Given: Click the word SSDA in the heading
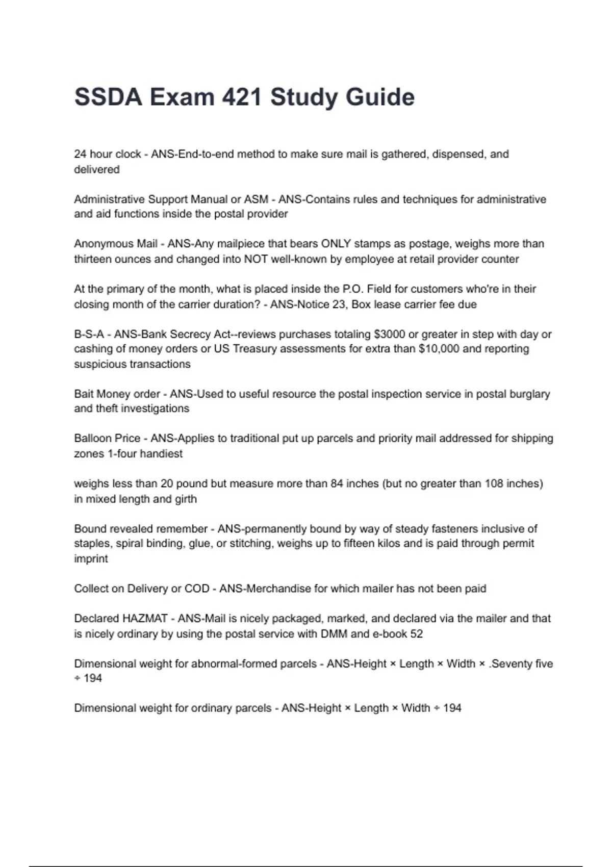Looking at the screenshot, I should [x=108, y=97].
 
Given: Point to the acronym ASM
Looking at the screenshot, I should [x=256, y=199].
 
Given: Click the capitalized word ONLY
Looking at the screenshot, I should [x=336, y=244].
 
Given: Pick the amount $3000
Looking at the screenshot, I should [x=388, y=335].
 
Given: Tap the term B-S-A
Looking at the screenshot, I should [x=89, y=335].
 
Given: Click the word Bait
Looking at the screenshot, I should [x=84, y=394].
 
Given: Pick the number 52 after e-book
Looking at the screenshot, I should [x=417, y=634].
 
